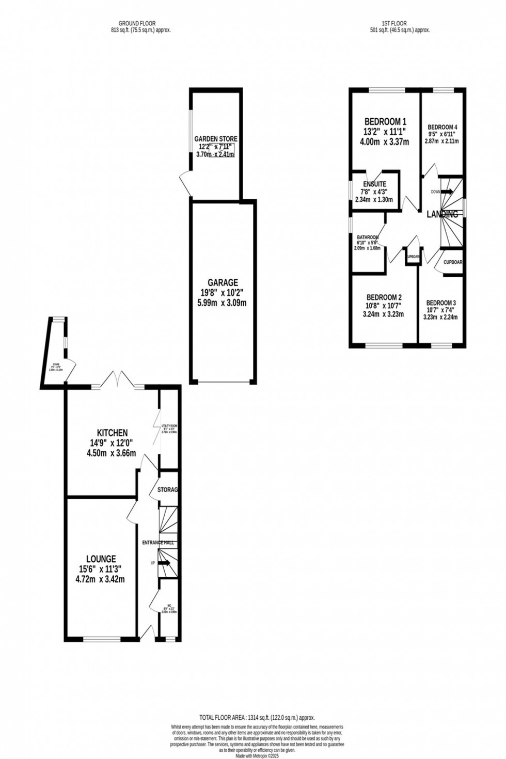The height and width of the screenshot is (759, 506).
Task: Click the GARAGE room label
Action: coord(223,282)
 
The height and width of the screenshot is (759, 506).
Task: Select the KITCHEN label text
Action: coord(112,433)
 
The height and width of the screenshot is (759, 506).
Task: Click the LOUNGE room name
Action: coord(101,559)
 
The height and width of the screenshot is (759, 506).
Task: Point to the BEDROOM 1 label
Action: coord(385,122)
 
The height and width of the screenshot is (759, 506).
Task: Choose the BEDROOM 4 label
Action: coord(442,127)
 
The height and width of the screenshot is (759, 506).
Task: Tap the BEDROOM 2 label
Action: coord(384,297)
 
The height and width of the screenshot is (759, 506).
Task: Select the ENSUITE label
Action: coord(374,184)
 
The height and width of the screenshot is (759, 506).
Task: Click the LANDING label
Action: coord(442,214)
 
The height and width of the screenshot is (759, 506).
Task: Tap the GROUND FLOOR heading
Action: coord(137,23)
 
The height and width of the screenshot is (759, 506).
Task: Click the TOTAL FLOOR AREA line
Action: coord(257,718)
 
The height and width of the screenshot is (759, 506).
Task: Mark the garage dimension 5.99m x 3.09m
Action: coord(222,303)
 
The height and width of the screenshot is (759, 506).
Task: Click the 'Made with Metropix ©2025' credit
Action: coord(257,755)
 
